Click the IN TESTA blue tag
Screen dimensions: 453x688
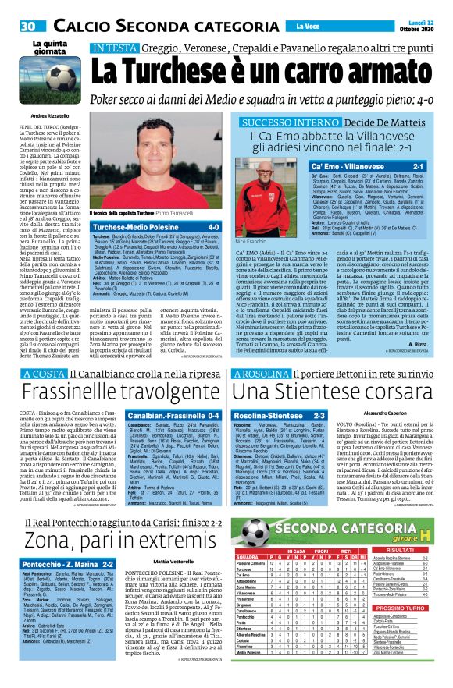pyautogui.click(x=112, y=48)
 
